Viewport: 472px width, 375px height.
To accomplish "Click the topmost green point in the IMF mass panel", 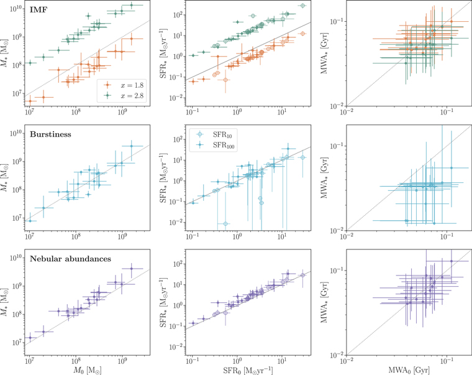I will click(131, 6).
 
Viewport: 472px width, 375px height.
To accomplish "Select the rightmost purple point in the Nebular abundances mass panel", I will click(131, 269).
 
